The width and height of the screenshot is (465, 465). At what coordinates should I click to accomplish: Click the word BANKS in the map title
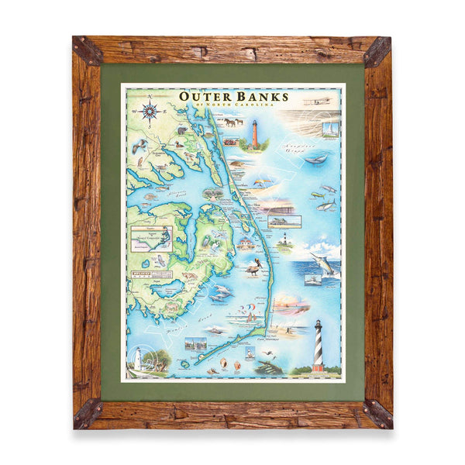263,97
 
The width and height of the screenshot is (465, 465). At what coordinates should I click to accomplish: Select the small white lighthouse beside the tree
138,357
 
